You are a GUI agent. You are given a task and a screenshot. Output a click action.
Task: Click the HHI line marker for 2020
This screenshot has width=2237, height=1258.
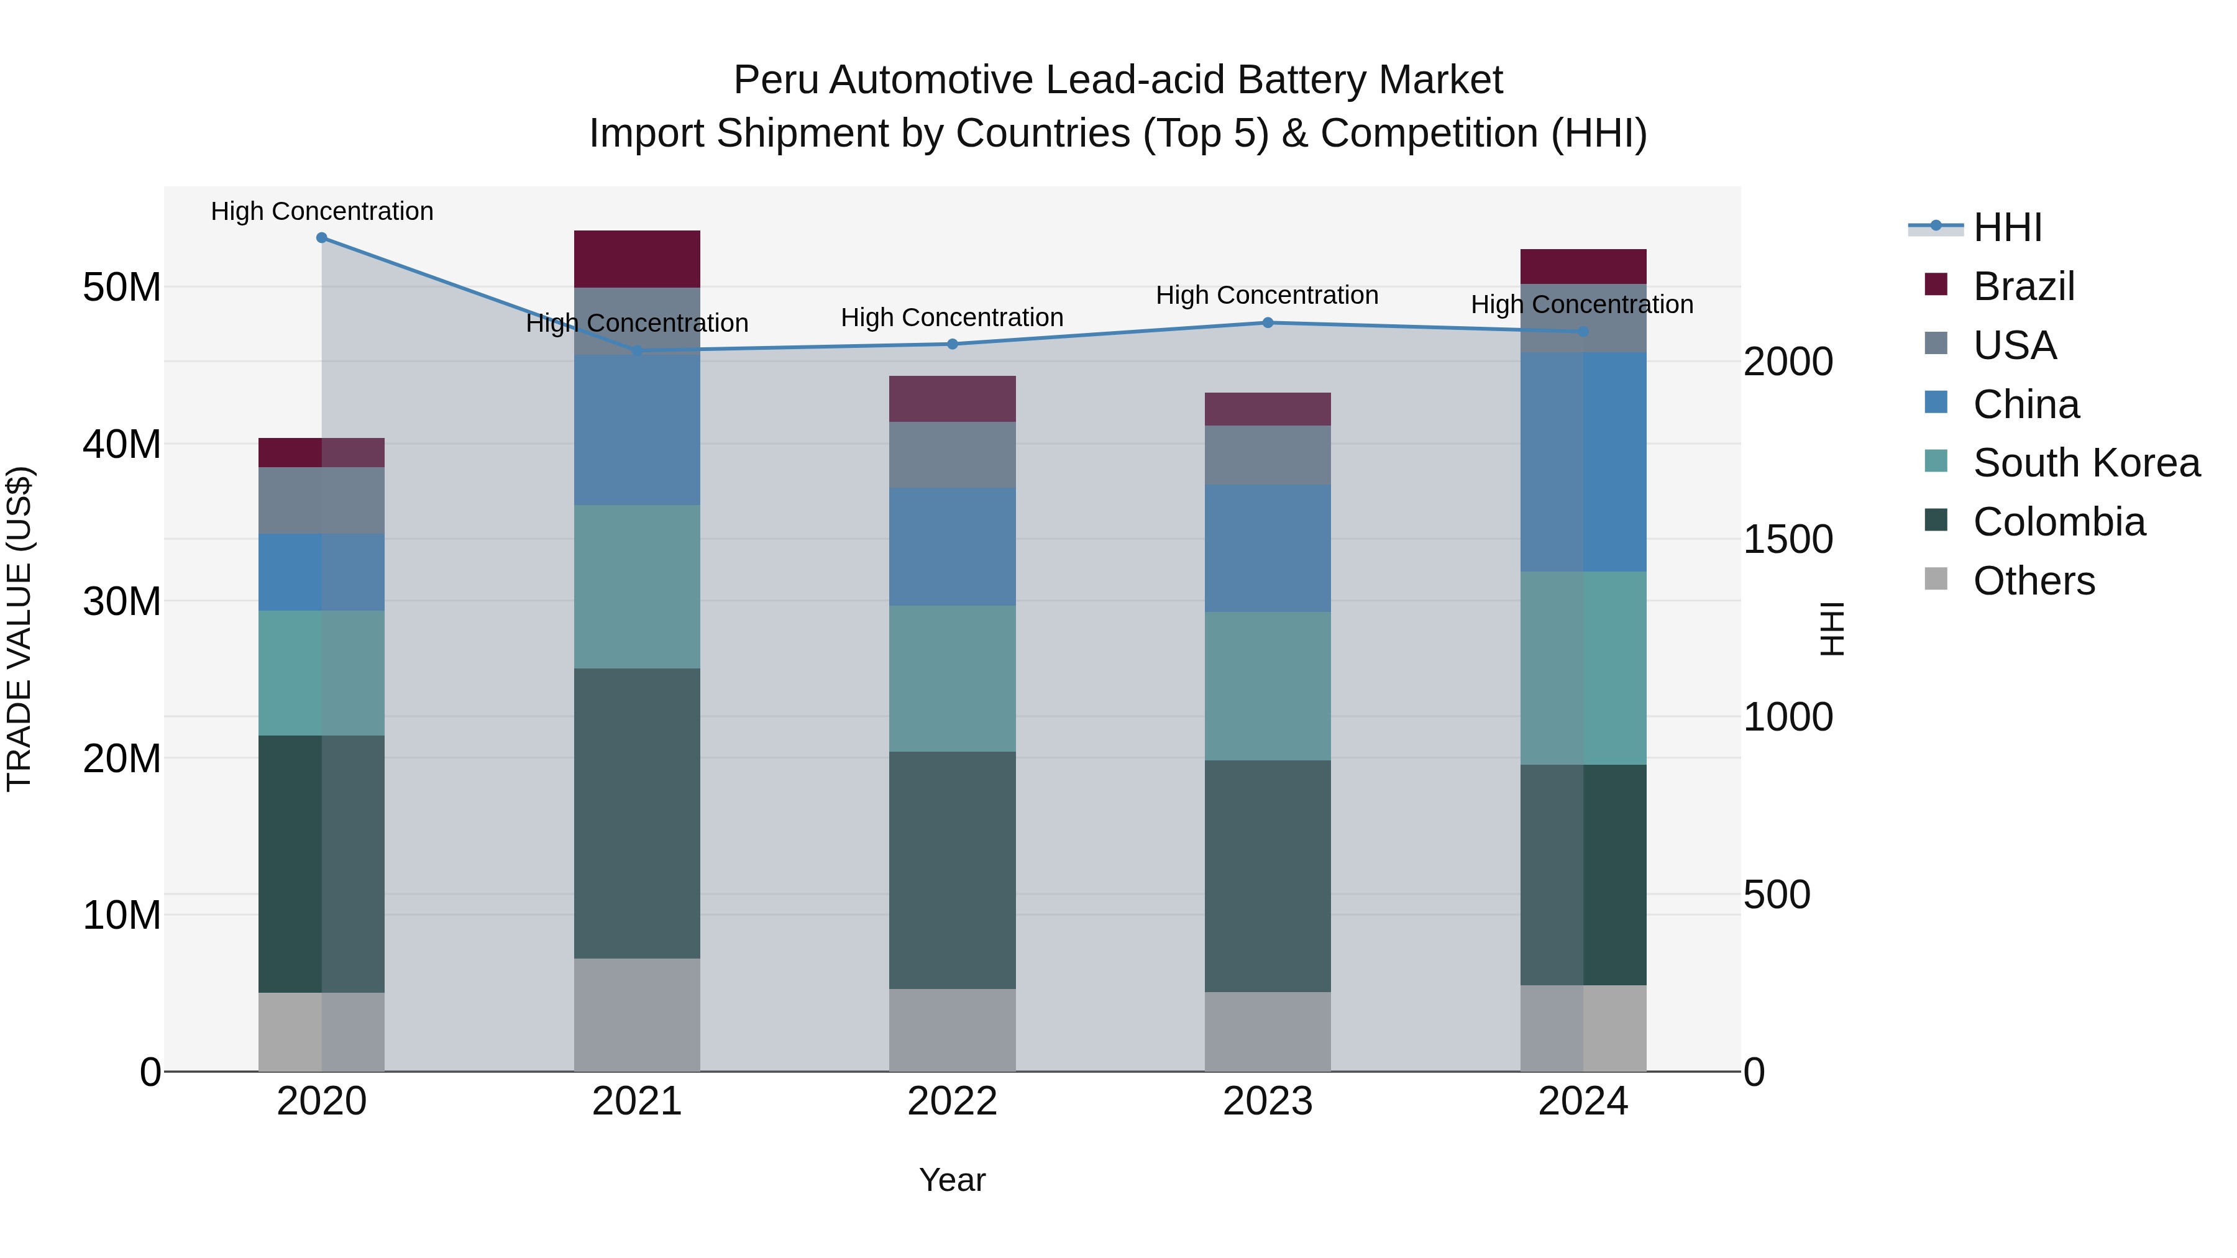pos(321,238)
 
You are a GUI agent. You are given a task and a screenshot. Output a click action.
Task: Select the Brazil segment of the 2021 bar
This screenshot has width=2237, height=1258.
pos(636,258)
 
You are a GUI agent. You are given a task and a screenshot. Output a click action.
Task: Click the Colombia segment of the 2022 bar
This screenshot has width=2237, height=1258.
pos(952,870)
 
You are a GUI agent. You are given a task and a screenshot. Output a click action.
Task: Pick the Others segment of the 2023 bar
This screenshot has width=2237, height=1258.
pos(1267,1031)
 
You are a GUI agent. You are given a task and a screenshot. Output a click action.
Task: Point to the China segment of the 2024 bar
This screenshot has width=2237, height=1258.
pos(1582,462)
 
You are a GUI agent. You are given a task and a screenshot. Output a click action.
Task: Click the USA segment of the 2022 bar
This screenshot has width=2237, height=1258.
pos(952,455)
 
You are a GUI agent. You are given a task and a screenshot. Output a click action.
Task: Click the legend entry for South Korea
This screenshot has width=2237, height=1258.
pos(2086,463)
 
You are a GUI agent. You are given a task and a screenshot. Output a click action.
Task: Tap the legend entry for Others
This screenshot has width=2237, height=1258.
pos(2033,581)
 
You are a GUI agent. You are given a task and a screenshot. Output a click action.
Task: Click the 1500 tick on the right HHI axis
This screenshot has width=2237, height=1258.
pos(1787,540)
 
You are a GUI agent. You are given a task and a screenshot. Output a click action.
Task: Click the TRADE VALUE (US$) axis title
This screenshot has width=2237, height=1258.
pos(19,629)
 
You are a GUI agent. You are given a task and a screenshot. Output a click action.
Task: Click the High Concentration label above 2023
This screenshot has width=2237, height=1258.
pos(1266,295)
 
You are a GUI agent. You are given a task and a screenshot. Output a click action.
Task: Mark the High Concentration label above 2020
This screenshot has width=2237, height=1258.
pos(321,212)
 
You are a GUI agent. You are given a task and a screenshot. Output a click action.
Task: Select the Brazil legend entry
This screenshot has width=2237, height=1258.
pos(2023,286)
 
